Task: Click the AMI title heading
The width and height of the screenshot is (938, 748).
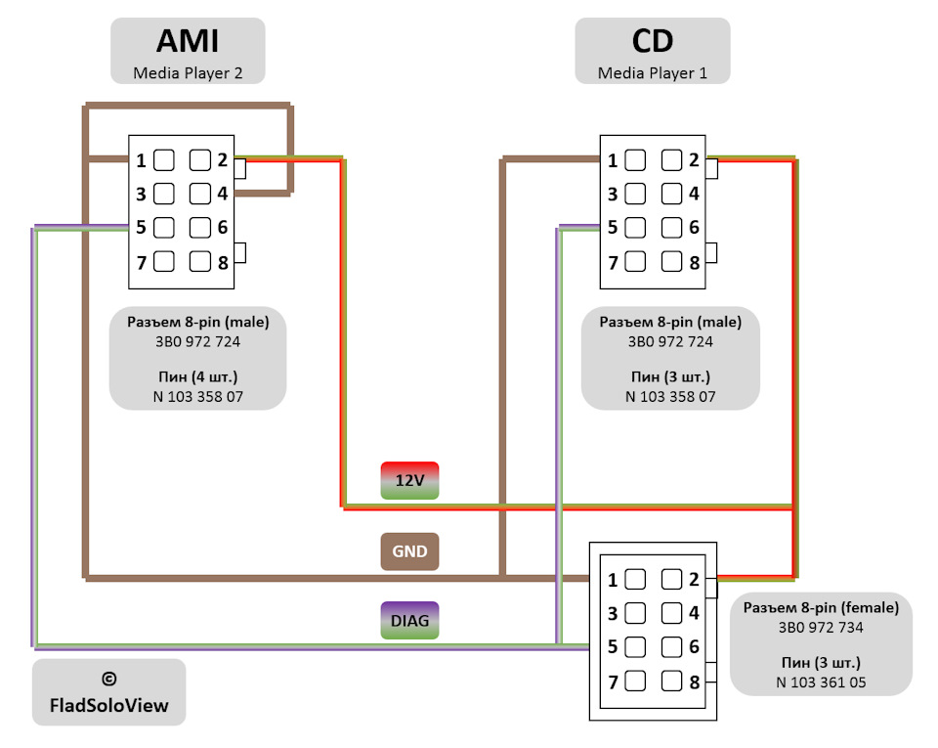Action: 188,41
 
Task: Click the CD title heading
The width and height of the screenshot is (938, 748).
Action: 652,41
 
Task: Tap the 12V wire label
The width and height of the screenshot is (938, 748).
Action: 409,480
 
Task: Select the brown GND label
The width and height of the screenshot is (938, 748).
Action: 409,551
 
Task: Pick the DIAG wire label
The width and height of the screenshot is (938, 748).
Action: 409,620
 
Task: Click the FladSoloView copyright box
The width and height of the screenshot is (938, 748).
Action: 108,691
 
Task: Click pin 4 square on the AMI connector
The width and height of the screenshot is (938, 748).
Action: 200,194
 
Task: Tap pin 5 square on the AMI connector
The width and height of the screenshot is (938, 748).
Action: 164,228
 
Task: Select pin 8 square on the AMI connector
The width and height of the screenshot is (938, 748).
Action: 200,261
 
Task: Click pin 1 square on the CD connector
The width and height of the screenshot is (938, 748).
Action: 635,159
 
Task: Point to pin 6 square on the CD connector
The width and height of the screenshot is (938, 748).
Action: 671,228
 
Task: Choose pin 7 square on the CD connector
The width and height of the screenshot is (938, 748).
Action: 635,262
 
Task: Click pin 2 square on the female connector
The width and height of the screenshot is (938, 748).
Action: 671,579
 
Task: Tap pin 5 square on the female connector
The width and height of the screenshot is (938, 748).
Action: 635,647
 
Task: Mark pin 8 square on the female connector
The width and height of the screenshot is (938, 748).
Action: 671,682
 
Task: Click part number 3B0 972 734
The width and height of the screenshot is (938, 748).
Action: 820,627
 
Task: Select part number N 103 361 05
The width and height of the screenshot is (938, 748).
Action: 820,682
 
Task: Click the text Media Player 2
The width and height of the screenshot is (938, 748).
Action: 187,72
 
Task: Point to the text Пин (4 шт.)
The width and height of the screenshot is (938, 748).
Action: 197,376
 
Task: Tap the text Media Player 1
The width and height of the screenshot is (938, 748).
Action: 651,72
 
